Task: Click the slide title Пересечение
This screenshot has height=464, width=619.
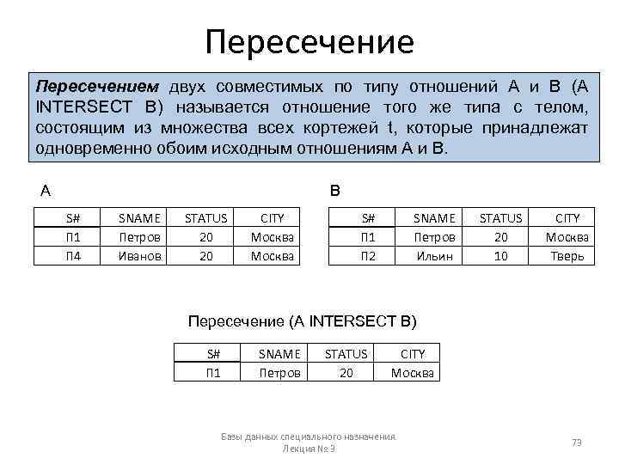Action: coord(309,40)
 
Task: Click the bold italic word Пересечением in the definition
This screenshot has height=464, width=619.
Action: coord(97,88)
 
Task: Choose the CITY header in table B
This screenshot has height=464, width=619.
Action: coord(567,218)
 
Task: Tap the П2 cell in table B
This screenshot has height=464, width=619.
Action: coord(368,255)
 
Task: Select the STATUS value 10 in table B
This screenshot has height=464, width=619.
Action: coord(500,255)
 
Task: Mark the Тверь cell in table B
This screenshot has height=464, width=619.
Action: coord(567,255)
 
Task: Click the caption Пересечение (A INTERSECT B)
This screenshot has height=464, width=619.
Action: coord(302,321)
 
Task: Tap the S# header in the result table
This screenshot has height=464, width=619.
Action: coord(213,353)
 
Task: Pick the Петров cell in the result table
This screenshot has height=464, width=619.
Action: coord(280,372)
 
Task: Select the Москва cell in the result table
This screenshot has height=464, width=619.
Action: coord(414,372)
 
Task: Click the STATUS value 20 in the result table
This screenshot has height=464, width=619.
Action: coord(346,372)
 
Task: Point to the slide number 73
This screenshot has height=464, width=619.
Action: coord(577,443)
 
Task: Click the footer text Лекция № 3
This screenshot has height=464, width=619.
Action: coord(309,449)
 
